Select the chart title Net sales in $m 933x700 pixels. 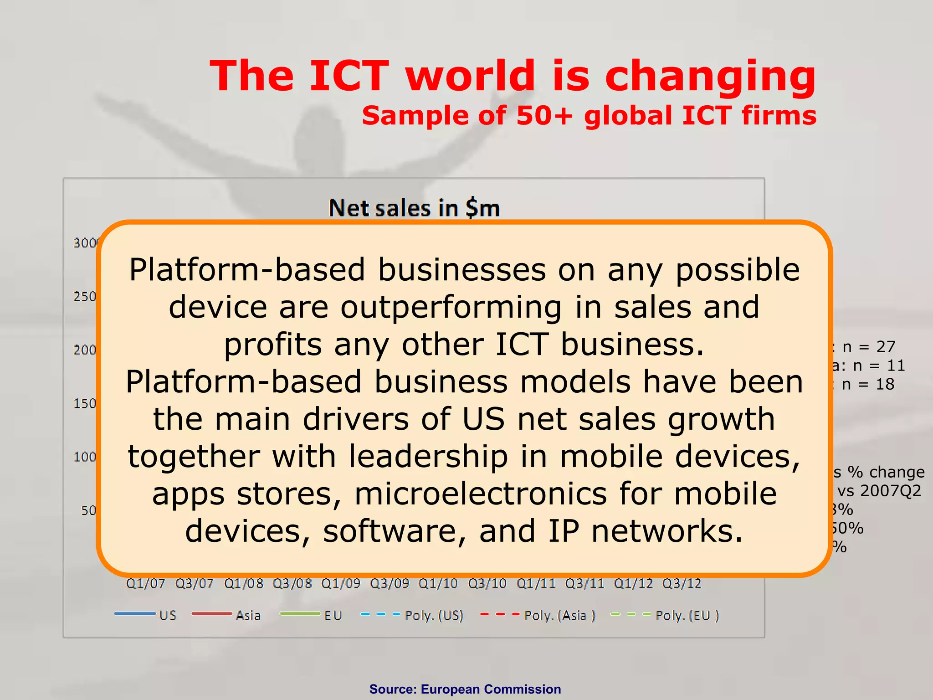[x=414, y=208]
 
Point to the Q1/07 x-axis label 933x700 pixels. [x=145, y=583]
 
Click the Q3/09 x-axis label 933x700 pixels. [x=389, y=583]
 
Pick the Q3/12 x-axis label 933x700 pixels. [x=682, y=583]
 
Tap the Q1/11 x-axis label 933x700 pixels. [x=536, y=583]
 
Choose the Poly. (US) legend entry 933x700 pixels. [x=412, y=615]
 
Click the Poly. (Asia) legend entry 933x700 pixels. [x=538, y=615]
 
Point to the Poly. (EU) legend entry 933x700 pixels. [x=665, y=615]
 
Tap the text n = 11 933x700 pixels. [x=878, y=365]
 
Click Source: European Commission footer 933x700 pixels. [x=465, y=689]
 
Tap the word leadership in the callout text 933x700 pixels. [x=428, y=457]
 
